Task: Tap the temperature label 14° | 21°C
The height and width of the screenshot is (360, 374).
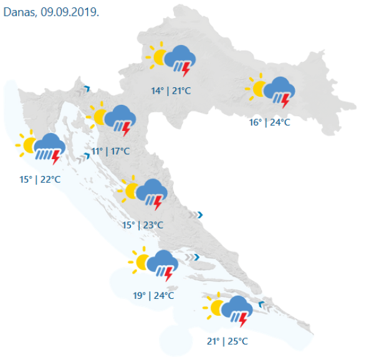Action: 171,91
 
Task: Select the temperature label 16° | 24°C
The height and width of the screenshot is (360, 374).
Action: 270,122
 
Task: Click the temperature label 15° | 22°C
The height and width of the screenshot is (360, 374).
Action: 40,179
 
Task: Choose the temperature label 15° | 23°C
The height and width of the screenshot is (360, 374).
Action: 143,225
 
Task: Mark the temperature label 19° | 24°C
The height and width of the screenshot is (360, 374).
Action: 153,295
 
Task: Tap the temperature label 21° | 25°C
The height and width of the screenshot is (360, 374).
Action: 228,341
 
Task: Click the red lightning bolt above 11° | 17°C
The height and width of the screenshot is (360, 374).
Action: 127,129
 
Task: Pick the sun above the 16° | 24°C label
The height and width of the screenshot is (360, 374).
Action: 256,87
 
